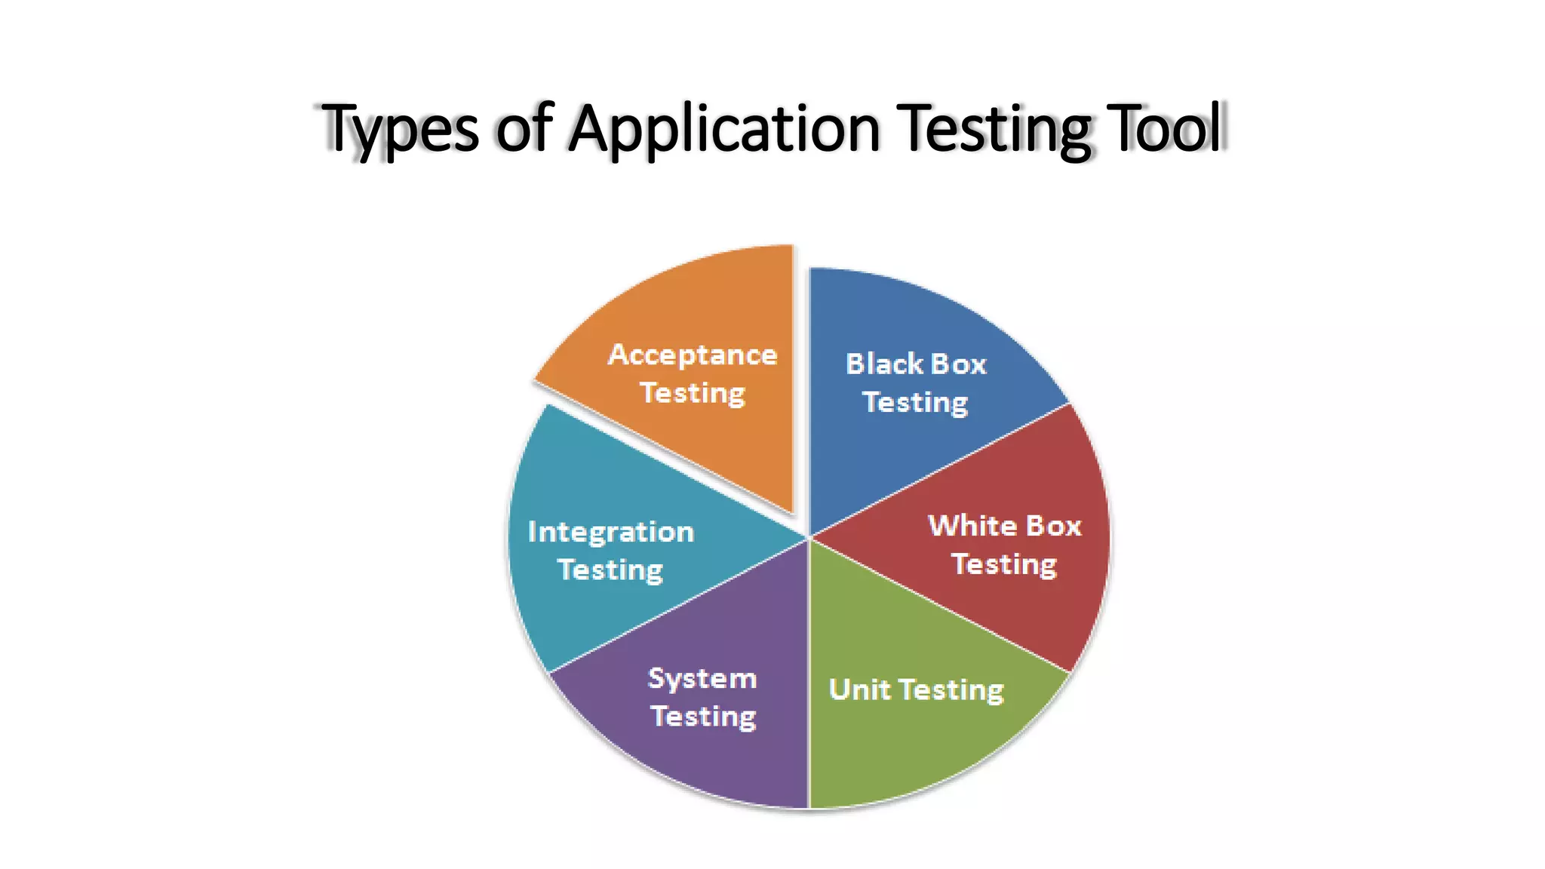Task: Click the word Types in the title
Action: (x=400, y=128)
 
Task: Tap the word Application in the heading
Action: (x=724, y=128)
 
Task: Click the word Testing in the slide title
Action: (x=996, y=128)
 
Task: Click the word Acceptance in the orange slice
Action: (x=693, y=355)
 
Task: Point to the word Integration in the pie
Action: (x=610, y=532)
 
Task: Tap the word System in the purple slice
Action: (x=702, y=678)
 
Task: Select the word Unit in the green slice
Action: (x=859, y=689)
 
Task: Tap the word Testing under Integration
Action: (x=610, y=570)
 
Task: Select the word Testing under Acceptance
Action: (x=693, y=393)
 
